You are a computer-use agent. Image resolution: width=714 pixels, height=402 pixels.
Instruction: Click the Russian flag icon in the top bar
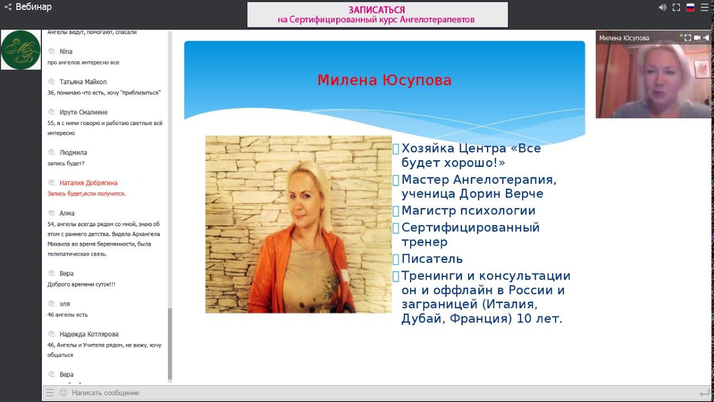690,7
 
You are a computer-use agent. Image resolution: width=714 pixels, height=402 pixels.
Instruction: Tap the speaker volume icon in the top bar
663,7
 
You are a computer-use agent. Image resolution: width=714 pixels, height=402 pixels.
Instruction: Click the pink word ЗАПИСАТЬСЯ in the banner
377,10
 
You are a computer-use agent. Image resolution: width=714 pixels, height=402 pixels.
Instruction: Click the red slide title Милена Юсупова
384,80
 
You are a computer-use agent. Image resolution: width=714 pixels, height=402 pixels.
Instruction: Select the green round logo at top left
21,50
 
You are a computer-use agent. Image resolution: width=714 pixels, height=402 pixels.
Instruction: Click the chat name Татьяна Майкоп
83,82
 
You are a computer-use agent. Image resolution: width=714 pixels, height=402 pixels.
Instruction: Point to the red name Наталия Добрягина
88,183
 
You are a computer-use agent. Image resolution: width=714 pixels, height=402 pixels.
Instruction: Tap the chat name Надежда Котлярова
89,334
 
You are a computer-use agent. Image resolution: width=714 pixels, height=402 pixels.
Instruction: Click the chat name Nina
66,52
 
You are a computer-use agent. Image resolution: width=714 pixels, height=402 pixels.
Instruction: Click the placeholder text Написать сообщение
105,393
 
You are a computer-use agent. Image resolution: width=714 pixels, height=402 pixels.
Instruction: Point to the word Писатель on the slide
432,259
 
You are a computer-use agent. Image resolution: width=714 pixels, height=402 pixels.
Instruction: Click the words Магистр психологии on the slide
468,211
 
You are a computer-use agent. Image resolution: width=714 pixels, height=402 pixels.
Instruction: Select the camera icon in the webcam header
697,38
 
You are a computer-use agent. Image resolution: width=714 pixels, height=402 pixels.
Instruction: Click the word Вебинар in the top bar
33,7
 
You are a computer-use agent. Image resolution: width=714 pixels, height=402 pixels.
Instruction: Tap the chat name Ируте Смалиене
83,112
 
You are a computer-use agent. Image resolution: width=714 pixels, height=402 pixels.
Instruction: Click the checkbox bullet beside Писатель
395,259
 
